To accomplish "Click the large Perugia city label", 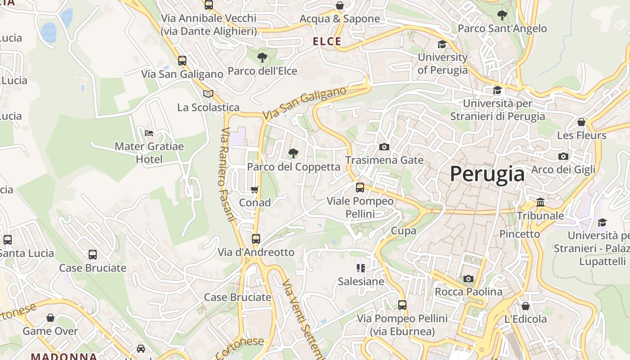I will tap(487, 174).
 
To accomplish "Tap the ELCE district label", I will tap(327, 41).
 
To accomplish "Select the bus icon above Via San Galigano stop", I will tap(182, 60).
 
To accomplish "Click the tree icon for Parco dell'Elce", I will tap(262, 57).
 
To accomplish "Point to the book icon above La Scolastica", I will tap(208, 94).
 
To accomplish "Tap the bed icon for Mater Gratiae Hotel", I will tap(149, 133).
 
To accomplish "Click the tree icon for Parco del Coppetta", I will tap(293, 153).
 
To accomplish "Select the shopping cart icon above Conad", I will tap(255, 189).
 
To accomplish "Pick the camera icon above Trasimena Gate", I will tap(384, 147).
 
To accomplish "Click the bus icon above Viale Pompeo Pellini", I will tap(360, 187).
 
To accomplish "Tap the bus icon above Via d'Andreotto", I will tap(256, 238).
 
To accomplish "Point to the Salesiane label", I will tap(361, 282).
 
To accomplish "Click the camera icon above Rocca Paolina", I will tap(468, 279).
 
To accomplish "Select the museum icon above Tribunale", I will tap(540, 202).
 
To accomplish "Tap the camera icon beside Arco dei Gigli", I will tap(563, 156).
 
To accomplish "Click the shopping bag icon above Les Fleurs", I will tap(581, 122).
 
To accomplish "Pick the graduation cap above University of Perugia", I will tap(442, 44).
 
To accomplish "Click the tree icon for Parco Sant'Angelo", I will tap(502, 15).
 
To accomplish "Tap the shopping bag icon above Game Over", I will tap(50, 318).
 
